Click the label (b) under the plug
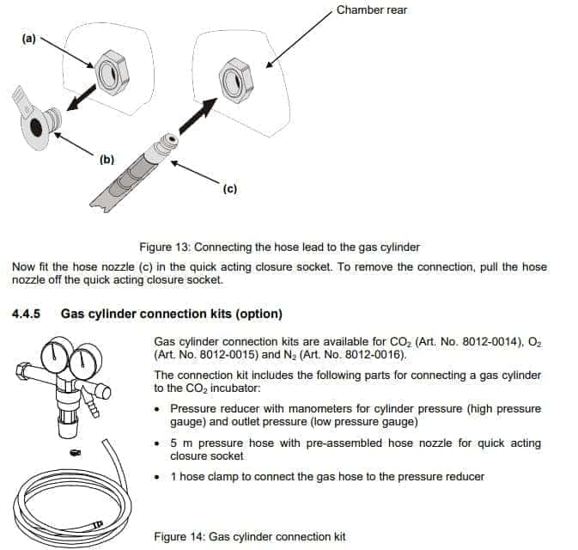click(107, 159)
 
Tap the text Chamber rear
click(371, 10)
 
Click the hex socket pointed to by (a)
click(112, 76)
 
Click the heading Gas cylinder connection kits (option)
click(172, 313)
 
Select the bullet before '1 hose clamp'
click(158, 477)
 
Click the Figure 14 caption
click(249, 536)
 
